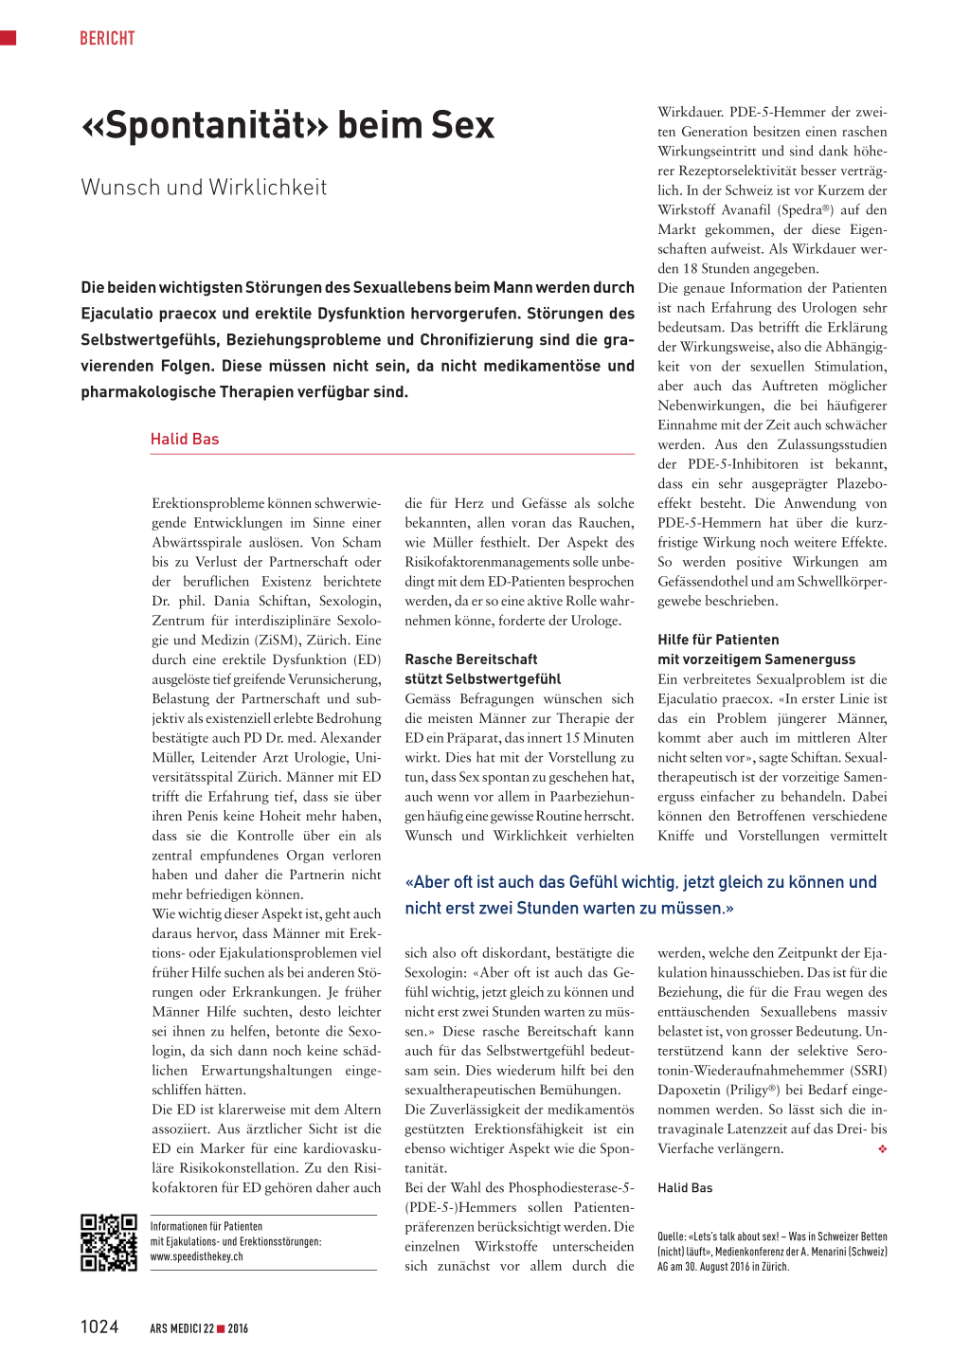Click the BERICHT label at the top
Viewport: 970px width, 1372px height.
point(107,38)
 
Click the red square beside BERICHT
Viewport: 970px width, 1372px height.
point(9,38)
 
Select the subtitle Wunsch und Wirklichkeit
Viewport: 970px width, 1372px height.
point(204,187)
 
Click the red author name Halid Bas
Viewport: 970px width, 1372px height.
point(185,439)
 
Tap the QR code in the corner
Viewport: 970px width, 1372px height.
point(109,1242)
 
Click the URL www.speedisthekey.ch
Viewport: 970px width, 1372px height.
point(196,1256)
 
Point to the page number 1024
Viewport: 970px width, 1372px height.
point(99,1327)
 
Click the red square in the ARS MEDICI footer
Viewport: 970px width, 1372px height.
point(221,1328)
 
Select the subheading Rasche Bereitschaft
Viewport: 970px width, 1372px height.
point(471,659)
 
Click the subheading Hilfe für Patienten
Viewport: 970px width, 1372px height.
point(718,640)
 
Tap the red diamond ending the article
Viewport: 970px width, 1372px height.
point(882,1148)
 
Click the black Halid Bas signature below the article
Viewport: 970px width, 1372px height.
point(685,1187)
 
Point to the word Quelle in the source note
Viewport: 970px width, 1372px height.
point(672,1237)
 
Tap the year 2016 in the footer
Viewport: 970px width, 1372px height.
point(238,1328)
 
